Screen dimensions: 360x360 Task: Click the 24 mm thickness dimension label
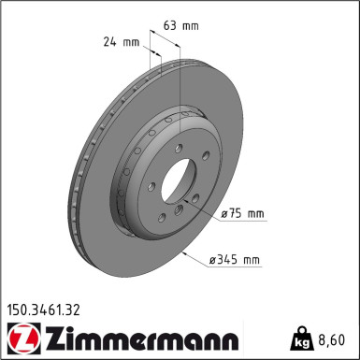pos(122,42)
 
